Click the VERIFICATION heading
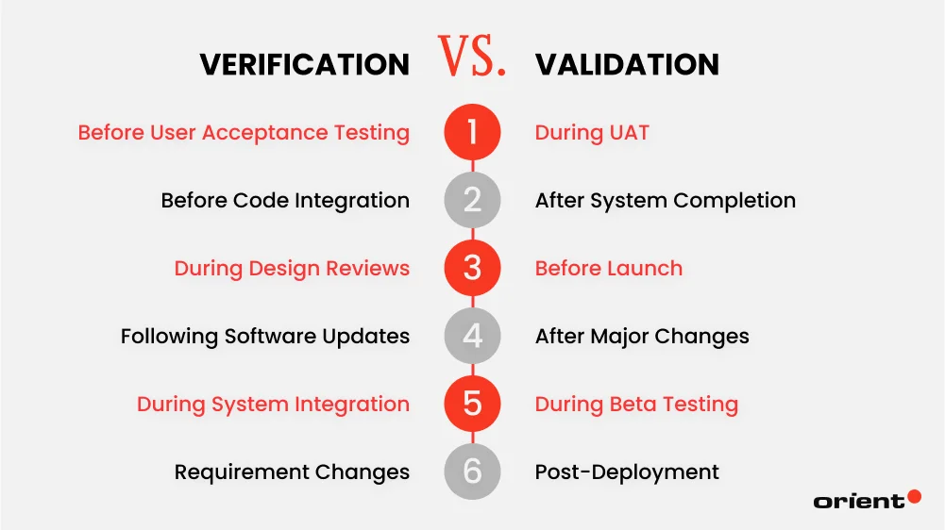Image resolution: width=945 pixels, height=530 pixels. (304, 64)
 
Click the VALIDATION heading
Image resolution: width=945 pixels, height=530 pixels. (627, 64)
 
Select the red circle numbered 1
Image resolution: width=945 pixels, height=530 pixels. (472, 132)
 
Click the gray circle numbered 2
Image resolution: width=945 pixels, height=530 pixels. (472, 200)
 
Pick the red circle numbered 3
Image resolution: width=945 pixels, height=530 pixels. (472, 268)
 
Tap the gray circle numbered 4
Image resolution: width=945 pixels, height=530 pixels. (472, 336)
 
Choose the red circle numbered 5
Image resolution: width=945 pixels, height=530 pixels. (472, 405)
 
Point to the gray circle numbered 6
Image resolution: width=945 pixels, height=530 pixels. (472, 472)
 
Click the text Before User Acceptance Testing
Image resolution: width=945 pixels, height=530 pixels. (244, 133)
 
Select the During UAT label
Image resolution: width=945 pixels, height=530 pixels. (592, 133)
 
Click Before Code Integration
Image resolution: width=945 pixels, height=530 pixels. (285, 201)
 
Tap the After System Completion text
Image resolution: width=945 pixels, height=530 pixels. (665, 201)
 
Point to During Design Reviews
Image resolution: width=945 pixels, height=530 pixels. (292, 269)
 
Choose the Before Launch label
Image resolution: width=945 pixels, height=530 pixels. (608, 269)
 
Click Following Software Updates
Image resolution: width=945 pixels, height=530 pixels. (265, 337)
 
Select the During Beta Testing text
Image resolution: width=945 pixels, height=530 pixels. (636, 405)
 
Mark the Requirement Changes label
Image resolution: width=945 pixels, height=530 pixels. (292, 472)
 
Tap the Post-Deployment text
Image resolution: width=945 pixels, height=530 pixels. (627, 472)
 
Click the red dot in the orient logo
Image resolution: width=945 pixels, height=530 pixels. (913, 496)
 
